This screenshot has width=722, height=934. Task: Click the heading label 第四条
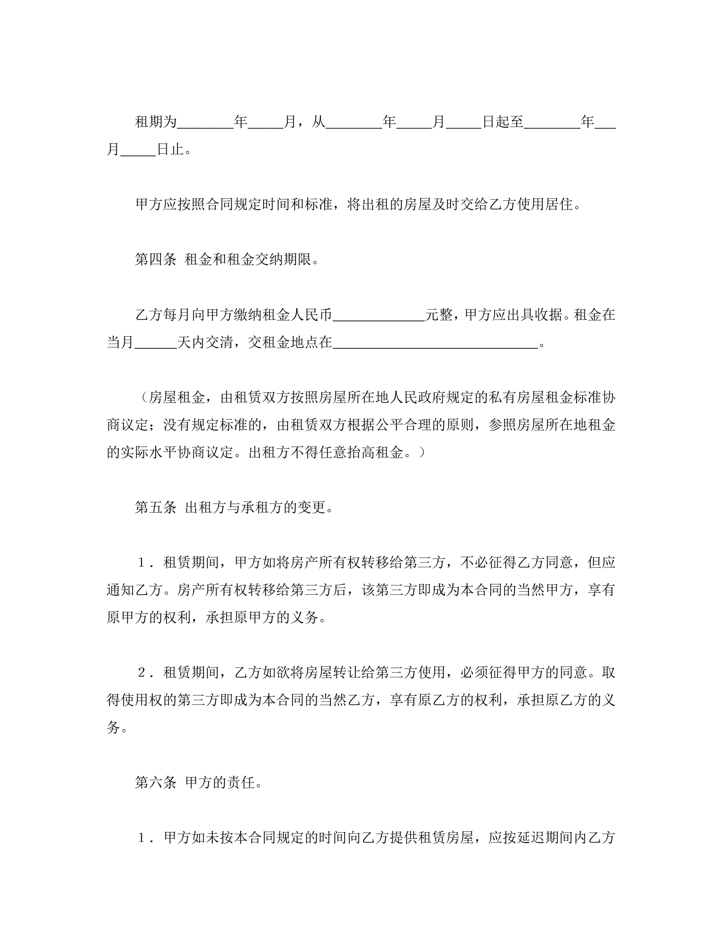click(x=155, y=259)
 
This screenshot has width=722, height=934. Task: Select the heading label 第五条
click(x=155, y=507)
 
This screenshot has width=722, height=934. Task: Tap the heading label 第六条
click(x=155, y=783)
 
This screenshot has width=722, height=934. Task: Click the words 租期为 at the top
click(x=156, y=122)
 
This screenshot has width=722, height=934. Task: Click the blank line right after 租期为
click(x=205, y=124)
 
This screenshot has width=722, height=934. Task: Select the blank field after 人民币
click(x=379, y=316)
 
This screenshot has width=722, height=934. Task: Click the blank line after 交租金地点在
click(x=435, y=344)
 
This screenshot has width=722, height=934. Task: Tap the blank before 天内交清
click(x=155, y=344)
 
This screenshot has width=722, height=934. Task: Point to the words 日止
click(x=170, y=149)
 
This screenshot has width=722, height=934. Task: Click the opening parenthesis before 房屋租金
click(x=144, y=398)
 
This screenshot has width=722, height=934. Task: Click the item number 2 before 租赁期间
click(x=142, y=673)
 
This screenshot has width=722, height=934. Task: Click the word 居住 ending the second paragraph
click(x=558, y=204)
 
